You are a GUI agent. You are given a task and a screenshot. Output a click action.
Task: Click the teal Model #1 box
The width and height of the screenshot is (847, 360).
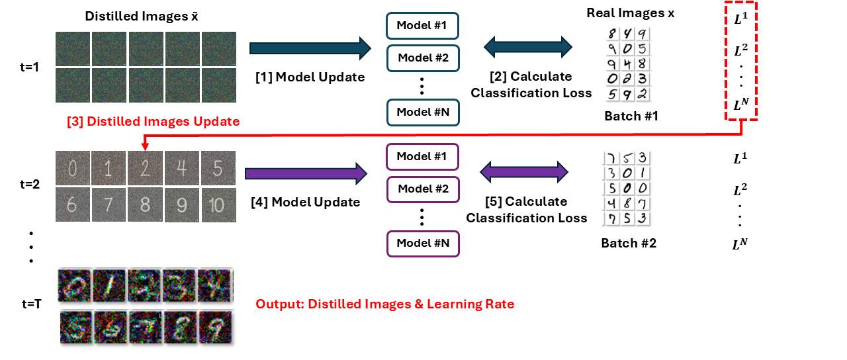point(422,25)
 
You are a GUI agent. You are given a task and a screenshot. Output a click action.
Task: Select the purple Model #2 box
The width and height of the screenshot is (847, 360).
point(422,190)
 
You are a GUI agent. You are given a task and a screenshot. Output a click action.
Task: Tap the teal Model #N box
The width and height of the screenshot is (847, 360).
point(422,112)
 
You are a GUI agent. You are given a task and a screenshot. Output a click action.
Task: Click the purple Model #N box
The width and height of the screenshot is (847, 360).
point(422,243)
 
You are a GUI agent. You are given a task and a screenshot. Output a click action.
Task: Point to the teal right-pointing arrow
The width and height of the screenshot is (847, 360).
point(310,48)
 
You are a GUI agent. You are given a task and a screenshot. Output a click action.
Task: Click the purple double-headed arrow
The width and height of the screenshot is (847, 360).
point(523,173)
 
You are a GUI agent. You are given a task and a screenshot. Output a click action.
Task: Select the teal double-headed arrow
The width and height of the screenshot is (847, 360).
point(527,46)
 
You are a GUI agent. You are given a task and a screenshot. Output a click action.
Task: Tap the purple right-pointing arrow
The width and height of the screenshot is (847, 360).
point(306,173)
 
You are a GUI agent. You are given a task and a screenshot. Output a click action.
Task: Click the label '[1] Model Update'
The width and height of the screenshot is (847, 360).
point(310,77)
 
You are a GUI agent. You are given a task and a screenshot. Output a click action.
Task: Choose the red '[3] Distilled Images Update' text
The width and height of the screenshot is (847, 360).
point(153,122)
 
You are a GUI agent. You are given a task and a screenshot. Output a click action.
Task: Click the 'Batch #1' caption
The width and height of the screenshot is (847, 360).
point(632,116)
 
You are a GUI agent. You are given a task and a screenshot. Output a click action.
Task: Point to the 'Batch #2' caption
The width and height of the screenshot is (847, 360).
point(629,243)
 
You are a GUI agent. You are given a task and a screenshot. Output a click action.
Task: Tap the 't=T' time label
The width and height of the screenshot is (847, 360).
point(32,305)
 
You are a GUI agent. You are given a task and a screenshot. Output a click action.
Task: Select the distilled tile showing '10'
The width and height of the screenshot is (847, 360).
point(218,204)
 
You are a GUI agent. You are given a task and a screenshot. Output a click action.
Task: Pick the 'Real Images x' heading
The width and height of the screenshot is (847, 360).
point(631,13)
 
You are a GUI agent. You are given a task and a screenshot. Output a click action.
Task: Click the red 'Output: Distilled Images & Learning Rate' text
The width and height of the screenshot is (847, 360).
point(384,304)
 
